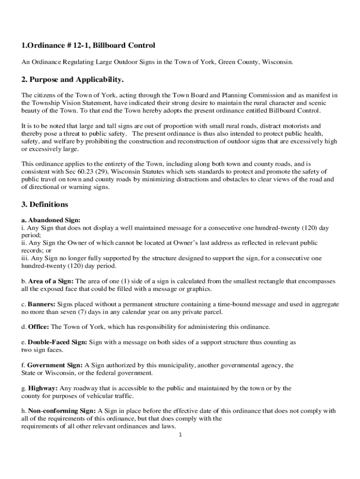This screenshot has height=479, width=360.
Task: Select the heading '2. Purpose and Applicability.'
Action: tap(72, 80)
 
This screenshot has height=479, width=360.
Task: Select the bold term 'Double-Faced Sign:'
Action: tap(58, 342)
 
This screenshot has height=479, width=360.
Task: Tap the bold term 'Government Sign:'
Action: tap(55, 365)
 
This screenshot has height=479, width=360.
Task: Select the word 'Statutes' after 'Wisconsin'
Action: tap(188, 172)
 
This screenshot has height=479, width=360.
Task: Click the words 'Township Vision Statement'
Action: tap(75, 103)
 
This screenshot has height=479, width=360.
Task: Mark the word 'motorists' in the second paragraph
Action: tap(291, 126)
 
